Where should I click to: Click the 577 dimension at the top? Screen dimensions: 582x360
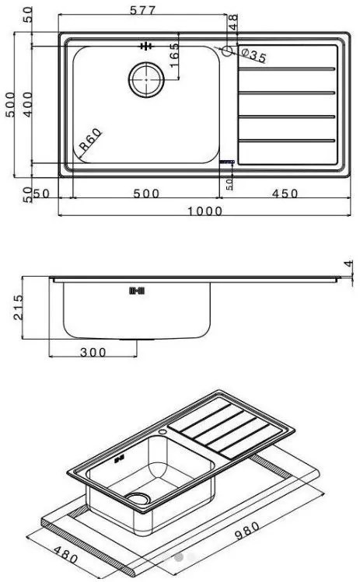(144, 10)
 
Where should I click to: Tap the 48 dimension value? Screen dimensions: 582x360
(232, 22)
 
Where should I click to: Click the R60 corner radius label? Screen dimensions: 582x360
(90, 142)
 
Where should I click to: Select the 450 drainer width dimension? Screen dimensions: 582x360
(285, 194)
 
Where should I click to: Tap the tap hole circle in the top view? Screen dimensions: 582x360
(227, 52)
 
